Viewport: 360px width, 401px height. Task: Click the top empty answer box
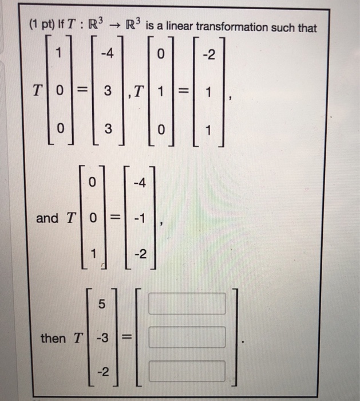[x=195, y=304]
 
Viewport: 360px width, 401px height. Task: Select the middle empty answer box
[x=195, y=337]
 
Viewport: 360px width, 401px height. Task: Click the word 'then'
[x=53, y=339]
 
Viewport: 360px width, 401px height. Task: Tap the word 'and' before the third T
[x=47, y=218]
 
